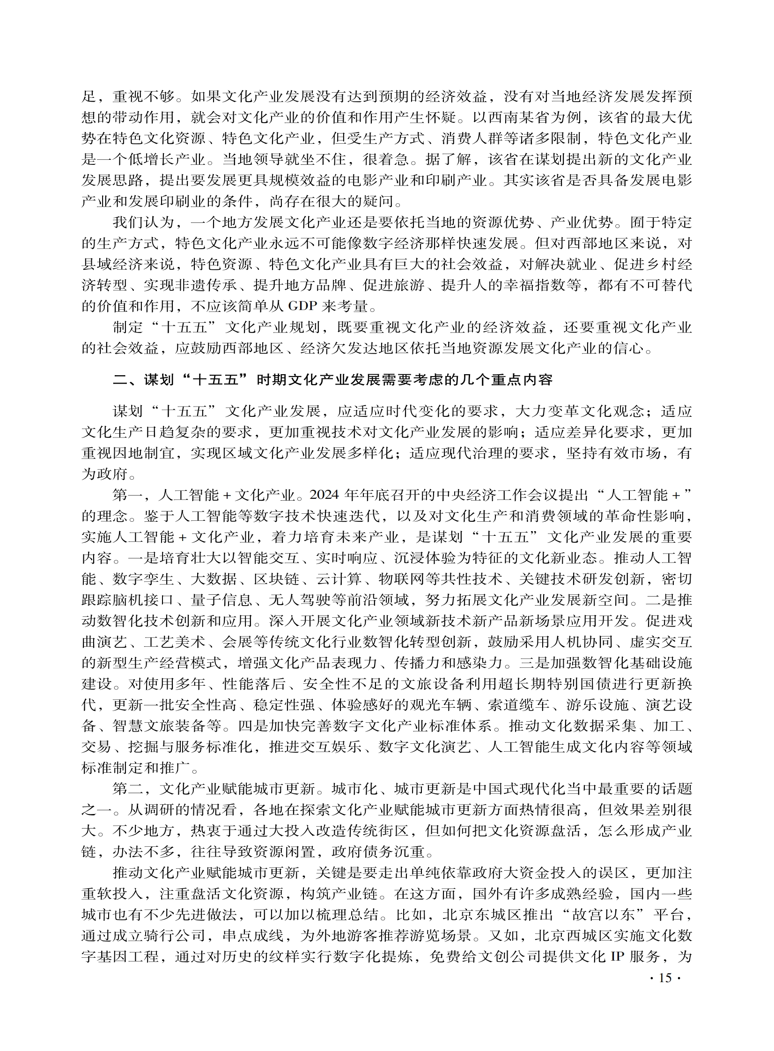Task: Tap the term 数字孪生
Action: pyautogui.click(x=143, y=580)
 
